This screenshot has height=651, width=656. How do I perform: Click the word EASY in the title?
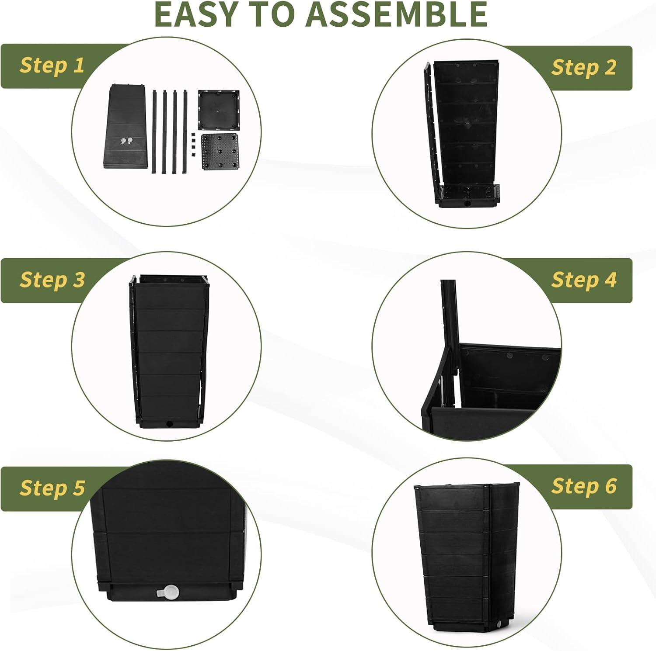[x=198, y=14]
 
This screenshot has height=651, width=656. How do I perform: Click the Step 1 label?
[x=52, y=65]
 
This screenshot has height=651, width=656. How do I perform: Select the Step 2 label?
[x=584, y=67]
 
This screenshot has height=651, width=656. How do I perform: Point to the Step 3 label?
[x=52, y=280]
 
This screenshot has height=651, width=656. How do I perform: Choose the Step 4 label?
[x=584, y=280]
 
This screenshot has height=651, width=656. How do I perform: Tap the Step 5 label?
[x=52, y=488]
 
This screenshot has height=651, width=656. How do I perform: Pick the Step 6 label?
[x=584, y=486]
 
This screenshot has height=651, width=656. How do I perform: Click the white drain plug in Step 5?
[x=167, y=592]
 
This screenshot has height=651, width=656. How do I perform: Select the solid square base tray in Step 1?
[x=219, y=110]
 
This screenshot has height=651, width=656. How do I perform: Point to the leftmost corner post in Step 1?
[x=155, y=132]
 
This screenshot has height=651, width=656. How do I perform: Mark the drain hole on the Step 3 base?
[x=169, y=424]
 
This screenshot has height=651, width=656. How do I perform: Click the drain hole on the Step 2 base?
[x=468, y=204]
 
